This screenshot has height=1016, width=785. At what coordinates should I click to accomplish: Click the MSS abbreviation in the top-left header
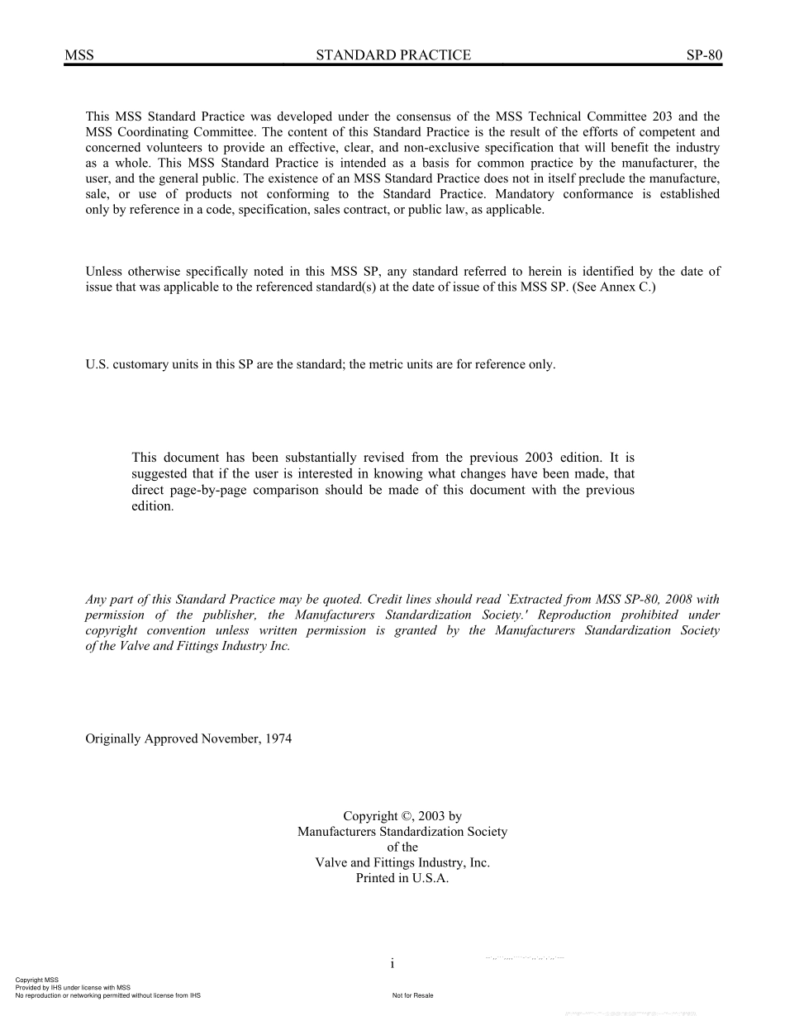coord(79,55)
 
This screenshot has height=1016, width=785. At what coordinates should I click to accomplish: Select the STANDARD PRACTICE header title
coord(393,55)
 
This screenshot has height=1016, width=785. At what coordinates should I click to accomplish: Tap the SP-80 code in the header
coord(704,55)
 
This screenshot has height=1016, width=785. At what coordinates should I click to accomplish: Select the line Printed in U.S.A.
coord(402,879)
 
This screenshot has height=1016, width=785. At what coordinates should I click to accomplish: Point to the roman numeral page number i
coord(392,964)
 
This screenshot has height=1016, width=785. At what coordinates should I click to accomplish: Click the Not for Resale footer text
coord(412,995)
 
